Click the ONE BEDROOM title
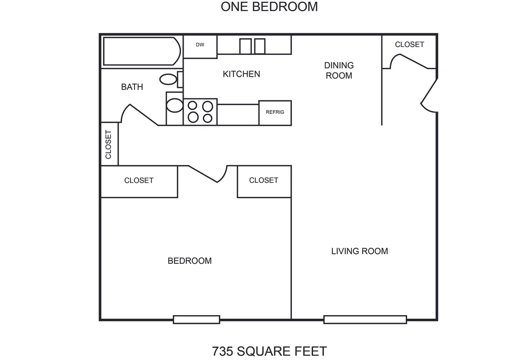point(269,7)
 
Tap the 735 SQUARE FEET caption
point(269,351)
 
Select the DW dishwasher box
point(200,47)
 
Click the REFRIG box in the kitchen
point(275,113)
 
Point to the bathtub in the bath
point(142,51)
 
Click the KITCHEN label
point(241,74)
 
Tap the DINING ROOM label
point(339,70)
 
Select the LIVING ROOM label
point(359,251)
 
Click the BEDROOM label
point(189,261)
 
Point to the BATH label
point(132,87)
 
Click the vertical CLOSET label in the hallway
point(108,145)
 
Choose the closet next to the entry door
point(409,51)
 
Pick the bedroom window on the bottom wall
point(196,319)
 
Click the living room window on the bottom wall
point(365,319)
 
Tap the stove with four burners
point(200,112)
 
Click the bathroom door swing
point(143,115)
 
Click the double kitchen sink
point(252,46)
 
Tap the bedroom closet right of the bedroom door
point(264,181)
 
